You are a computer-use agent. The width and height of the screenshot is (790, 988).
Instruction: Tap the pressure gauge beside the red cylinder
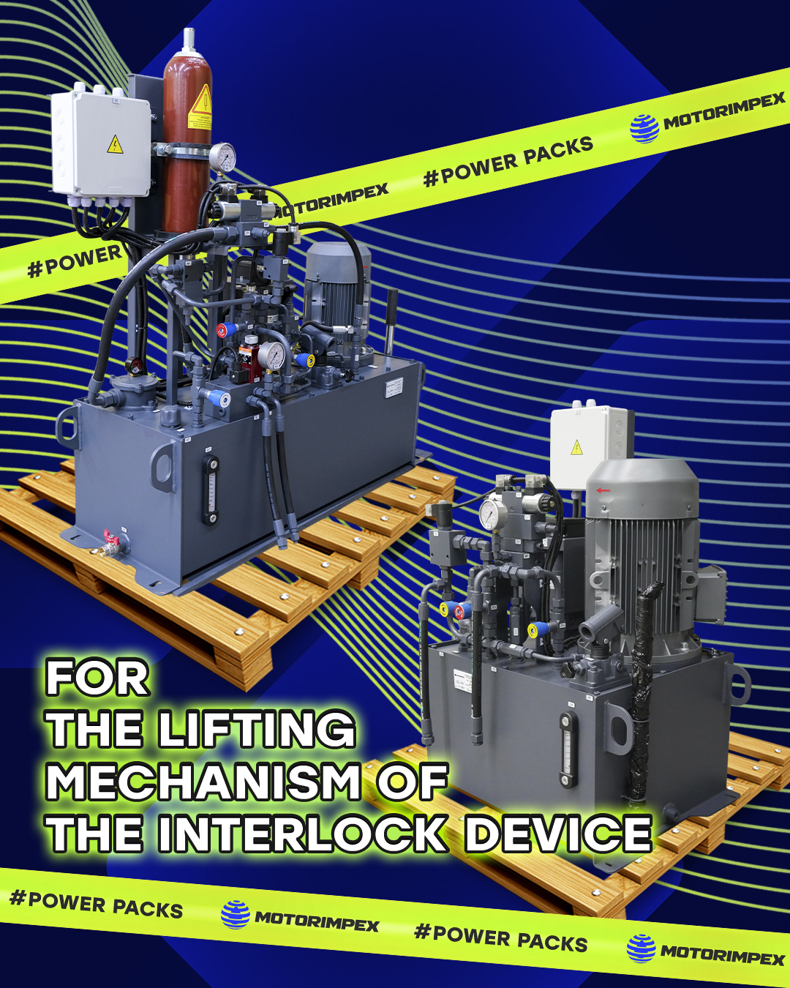tap(223, 157)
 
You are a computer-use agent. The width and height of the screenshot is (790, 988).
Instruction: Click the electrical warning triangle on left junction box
tap(115, 145)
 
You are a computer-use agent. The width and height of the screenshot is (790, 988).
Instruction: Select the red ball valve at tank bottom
tap(109, 542)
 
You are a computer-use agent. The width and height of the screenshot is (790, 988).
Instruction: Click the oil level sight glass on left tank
tap(211, 490)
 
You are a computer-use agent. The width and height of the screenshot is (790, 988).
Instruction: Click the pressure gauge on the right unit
tap(489, 515)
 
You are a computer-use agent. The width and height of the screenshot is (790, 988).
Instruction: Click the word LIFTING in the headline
tap(257, 730)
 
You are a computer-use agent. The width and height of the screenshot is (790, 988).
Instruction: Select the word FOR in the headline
tap(97, 678)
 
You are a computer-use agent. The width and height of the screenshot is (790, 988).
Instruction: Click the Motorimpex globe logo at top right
tap(644, 128)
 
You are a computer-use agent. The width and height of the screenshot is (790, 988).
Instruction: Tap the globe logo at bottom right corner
tap(642, 948)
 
